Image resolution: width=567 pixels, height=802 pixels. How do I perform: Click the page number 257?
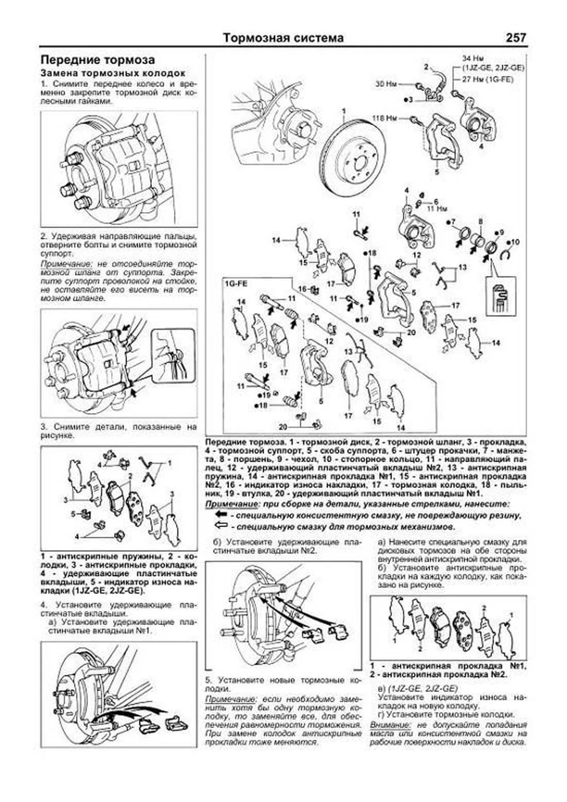tap(515, 38)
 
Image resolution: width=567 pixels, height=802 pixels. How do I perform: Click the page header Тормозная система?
tap(283, 38)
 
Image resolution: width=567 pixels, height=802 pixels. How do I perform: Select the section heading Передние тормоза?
tap(97, 60)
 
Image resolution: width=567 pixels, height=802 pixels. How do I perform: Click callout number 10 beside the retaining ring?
tap(515, 242)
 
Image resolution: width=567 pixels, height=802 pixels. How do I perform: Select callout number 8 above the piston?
tap(481, 221)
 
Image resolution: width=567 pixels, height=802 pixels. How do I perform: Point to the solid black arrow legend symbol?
tap(221, 515)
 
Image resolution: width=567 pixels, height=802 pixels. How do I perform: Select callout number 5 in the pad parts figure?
tap(74, 513)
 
